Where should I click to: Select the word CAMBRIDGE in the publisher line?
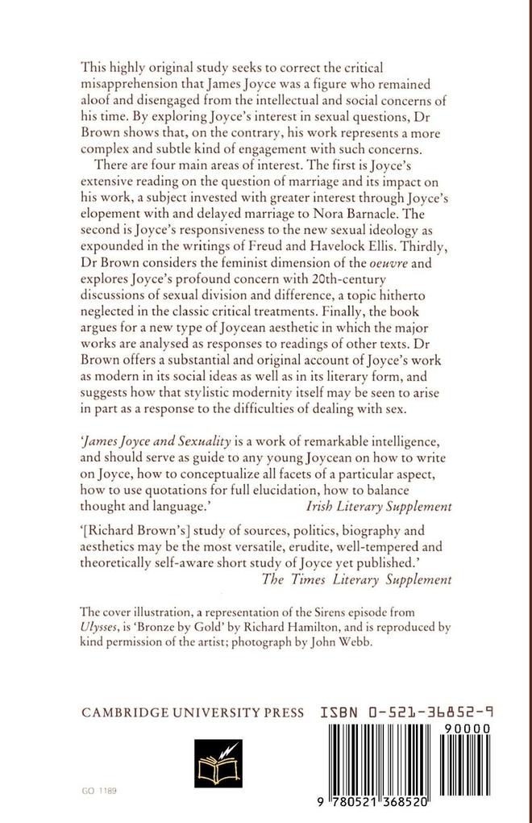click(122, 713)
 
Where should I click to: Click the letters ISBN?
click(331, 713)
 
